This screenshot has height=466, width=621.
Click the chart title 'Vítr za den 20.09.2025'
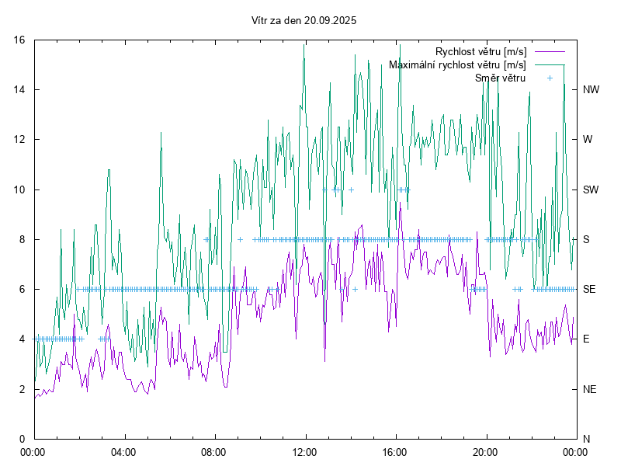coord(304,21)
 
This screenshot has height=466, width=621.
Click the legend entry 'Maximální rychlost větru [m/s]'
coord(457,65)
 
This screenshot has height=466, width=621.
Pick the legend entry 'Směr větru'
coord(500,78)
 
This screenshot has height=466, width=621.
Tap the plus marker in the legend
coord(550,78)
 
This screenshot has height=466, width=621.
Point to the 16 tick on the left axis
coord(21,40)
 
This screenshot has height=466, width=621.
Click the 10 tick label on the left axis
coord(21,190)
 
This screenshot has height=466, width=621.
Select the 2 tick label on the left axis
coord(23,389)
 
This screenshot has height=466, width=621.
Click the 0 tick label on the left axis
coord(23,439)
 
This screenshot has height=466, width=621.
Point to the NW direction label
coord(590,90)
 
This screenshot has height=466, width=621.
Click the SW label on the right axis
coord(590,190)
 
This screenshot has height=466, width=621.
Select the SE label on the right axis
coord(589,289)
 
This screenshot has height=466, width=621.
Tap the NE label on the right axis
coord(589,389)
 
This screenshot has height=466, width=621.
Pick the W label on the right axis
coord(588,140)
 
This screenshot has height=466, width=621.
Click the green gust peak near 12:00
coord(304,45)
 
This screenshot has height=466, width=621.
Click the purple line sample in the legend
coord(549,52)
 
